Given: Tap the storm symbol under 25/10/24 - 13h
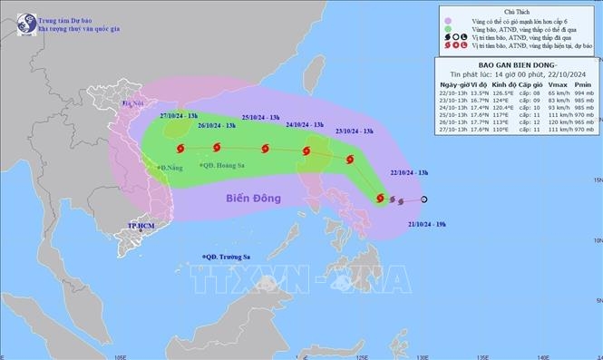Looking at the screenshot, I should pyautogui.click(x=265, y=150).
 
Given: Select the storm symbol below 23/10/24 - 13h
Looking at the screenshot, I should pyautogui.click(x=348, y=160).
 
